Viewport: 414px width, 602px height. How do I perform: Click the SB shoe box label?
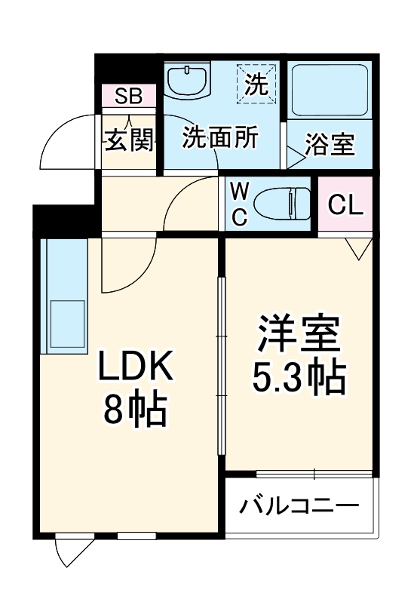click(x=129, y=96)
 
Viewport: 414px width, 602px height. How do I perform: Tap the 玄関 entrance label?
click(x=129, y=140)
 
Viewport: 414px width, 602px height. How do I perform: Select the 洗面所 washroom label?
click(x=221, y=138)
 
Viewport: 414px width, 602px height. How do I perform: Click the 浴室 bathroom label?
click(x=330, y=145)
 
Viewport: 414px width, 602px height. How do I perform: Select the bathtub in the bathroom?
click(x=329, y=89)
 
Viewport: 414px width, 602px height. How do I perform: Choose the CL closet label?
click(x=345, y=204)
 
